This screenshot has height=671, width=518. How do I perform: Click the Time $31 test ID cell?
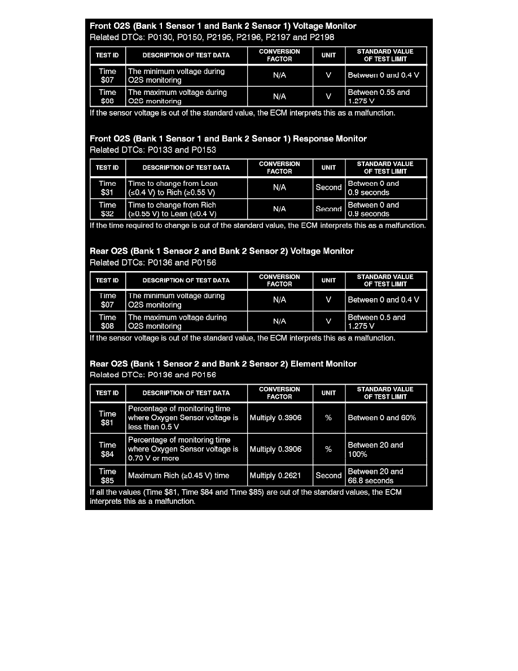107,188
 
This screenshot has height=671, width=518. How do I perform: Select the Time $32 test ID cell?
107,209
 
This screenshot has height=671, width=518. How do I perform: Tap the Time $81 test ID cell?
107,418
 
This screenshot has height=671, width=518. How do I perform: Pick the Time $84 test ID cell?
107,449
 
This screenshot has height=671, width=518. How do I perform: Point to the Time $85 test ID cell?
107,476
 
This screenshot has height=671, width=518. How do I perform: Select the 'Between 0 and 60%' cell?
386,418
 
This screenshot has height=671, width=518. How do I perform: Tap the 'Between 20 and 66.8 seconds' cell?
386,476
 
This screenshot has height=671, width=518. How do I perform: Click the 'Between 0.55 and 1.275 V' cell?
386,97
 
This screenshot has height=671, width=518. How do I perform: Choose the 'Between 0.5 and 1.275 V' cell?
386,321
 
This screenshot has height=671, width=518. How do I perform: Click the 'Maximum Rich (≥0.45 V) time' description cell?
186,476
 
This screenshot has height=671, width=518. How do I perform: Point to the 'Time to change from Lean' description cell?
186,188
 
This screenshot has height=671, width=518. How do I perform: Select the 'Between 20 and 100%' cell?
386,449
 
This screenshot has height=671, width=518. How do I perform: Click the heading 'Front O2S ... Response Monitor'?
228,139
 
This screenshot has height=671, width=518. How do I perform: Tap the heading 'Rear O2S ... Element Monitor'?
223,364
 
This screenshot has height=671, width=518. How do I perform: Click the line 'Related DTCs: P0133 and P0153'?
153,150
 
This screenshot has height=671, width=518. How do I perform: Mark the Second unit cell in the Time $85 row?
329,476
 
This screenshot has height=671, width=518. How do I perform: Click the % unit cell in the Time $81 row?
329,418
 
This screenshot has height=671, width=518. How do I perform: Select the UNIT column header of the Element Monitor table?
329,393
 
